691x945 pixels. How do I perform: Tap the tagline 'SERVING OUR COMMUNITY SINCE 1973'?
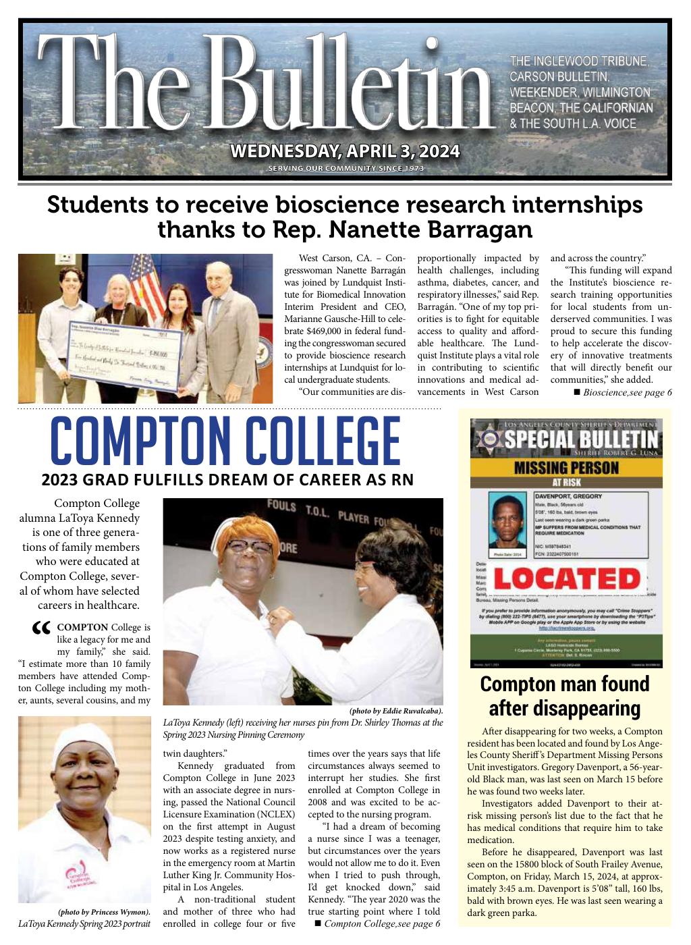coord(345,168)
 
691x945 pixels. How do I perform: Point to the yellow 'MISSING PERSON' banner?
coord(566,467)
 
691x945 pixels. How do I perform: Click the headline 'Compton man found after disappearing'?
coord(564,696)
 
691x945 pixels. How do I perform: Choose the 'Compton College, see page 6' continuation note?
coord(377,923)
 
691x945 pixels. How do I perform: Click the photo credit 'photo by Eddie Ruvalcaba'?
coord(395,711)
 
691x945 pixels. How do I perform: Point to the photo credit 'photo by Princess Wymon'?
coord(104,912)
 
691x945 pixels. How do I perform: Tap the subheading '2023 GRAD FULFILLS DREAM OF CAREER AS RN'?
coord(227,480)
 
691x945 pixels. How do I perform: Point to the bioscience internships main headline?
coord(345,217)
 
